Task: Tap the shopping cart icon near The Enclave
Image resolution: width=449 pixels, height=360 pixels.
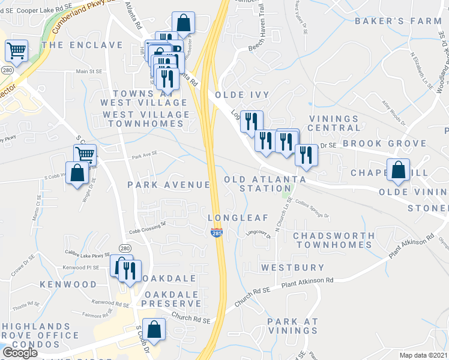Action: pos(17,50)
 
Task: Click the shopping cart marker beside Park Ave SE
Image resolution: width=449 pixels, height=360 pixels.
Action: pos(85,155)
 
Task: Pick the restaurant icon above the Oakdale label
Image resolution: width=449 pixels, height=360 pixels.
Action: pos(130,271)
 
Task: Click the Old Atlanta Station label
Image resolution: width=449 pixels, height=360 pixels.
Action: pos(265,184)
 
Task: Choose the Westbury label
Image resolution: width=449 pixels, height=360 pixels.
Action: pos(293,267)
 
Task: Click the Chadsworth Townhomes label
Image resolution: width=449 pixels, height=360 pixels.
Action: pos(333,240)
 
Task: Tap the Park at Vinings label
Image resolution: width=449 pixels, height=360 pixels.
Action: pos(293,326)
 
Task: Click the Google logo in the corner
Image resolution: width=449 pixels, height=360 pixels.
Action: pos(20,353)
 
